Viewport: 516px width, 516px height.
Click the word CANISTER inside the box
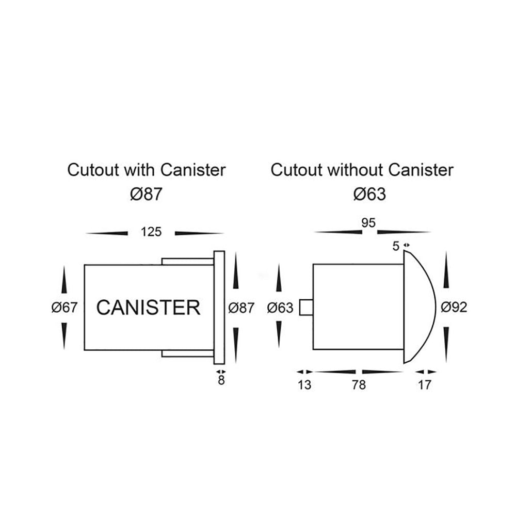pyautogui.click(x=148, y=308)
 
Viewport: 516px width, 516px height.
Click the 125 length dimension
pyautogui.click(x=151, y=232)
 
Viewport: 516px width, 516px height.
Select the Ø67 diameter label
pyautogui.click(x=64, y=308)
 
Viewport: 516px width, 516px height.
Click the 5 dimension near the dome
pyautogui.click(x=396, y=246)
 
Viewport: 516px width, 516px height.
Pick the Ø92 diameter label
pyautogui.click(x=454, y=308)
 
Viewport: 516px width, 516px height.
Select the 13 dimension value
pyautogui.click(x=304, y=385)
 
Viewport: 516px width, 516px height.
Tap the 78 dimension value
pyautogui.click(x=359, y=385)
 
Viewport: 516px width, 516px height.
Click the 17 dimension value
pyautogui.click(x=424, y=385)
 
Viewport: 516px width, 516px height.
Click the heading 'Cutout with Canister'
pyautogui.click(x=147, y=170)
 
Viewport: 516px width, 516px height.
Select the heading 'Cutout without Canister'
pyautogui.click(x=362, y=170)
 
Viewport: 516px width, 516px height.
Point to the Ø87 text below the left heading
pyautogui.click(x=147, y=194)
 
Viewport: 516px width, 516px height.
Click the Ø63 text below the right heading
pyautogui.click(x=370, y=194)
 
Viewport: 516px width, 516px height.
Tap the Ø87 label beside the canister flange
pyautogui.click(x=241, y=308)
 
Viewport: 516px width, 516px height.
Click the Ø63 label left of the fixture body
pyautogui.click(x=280, y=308)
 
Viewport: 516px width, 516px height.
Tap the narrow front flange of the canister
pyautogui.click(x=219, y=308)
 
